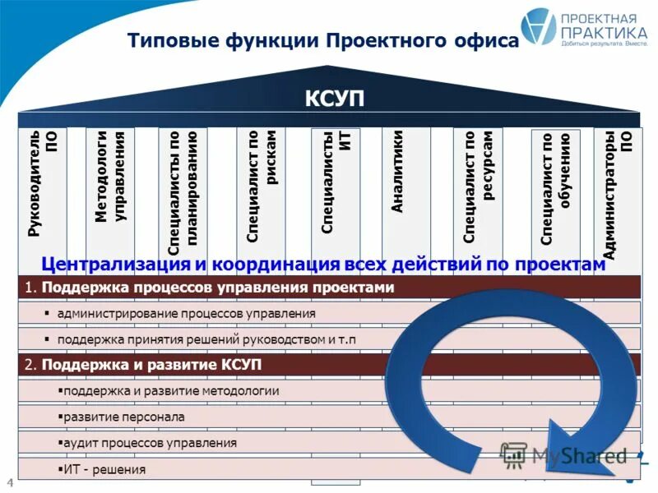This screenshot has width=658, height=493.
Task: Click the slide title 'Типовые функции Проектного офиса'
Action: coord(323,40)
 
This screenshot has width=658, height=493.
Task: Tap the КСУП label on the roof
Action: coord(334,99)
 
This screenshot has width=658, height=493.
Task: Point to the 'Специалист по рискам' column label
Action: coord(261,185)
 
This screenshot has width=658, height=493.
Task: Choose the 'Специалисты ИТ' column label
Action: coord(335,182)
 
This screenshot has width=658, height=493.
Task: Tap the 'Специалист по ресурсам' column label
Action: coord(477,187)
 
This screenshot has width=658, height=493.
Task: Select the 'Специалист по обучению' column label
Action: coord(555,188)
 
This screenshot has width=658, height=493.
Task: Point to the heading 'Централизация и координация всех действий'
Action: coord(323,265)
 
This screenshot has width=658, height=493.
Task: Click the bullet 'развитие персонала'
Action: coord(123,417)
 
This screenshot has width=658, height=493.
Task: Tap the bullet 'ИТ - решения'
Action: coord(104,469)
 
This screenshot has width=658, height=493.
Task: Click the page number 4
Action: coord(10,481)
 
